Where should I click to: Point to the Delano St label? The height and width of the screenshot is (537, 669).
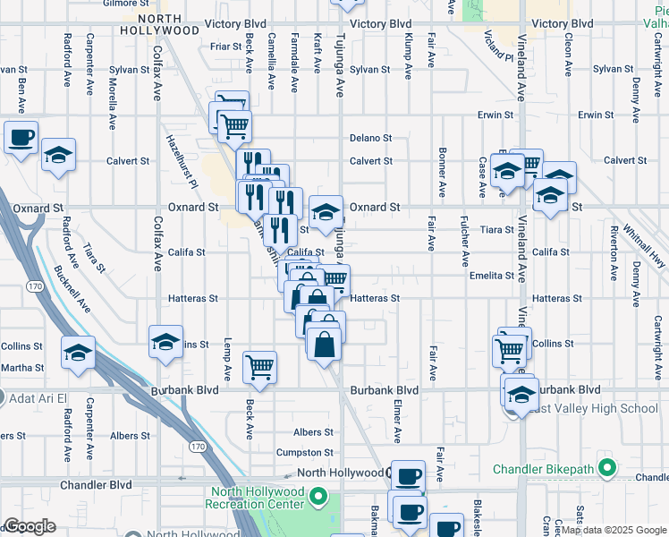pos(371,138)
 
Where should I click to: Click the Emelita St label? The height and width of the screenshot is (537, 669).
pos(492,276)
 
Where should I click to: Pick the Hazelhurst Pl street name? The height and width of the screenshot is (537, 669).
pos(180,161)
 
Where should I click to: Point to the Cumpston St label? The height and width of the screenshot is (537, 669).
pos(304,453)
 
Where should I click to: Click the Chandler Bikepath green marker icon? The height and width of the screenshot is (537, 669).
pos(607,468)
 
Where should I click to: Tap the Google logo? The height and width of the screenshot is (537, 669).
pos(30,525)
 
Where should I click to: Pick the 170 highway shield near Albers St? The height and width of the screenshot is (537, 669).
pos(198,446)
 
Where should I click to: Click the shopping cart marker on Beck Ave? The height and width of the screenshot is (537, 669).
pos(259,365)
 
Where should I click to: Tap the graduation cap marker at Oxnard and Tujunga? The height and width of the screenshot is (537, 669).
pos(326,213)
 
